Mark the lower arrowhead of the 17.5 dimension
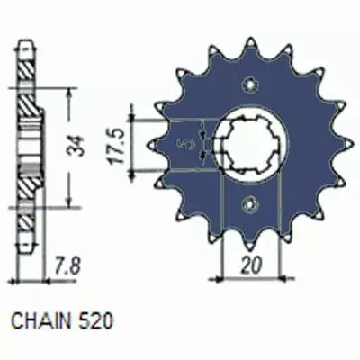coord(134,171)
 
